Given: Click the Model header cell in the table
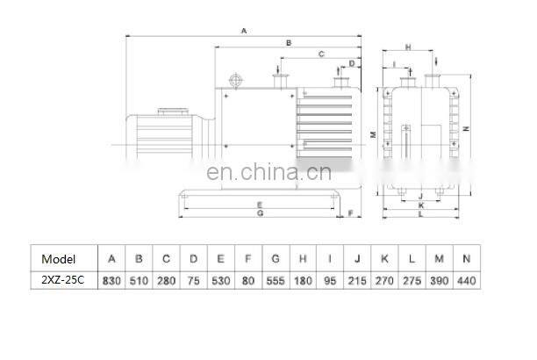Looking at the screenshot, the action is tap(58, 259).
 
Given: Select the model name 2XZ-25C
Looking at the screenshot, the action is tap(62, 280).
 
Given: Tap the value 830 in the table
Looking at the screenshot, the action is tap(111, 281).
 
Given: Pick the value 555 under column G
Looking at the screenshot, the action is tap(276, 281).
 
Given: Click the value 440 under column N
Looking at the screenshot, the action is tap(467, 281).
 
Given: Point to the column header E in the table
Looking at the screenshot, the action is tap(220, 259).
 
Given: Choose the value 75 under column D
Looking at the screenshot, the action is tap(194, 281).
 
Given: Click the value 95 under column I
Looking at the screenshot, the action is tap(330, 281).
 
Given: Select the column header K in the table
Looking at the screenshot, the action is tap(384, 259).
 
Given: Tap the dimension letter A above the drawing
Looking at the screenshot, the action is tap(244, 31).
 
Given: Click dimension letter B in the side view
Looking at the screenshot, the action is tap(289, 43).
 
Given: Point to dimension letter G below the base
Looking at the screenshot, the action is tap(261, 213).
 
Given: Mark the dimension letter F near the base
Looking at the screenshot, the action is tap(351, 213).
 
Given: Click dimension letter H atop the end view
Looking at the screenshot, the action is tap(408, 47).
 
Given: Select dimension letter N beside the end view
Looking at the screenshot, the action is tap(466, 128).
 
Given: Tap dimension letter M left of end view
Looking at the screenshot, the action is tap(373, 134).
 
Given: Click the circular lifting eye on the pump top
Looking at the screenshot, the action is tap(236, 81).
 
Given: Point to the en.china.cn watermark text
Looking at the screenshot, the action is tap(268, 172).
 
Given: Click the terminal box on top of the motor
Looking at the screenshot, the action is tap(173, 112).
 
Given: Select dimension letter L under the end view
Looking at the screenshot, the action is tap(421, 214).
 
